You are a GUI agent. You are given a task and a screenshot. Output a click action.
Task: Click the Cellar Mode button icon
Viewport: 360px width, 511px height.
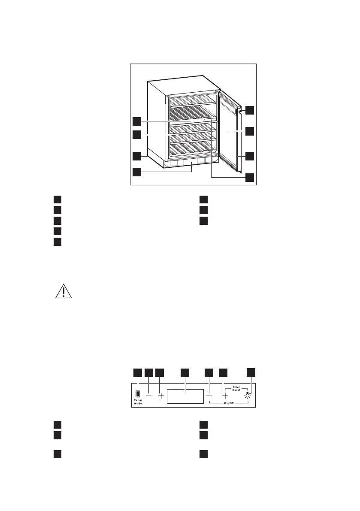pos(137,394)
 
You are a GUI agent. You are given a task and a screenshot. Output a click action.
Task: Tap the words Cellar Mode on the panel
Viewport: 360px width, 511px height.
pos(138,402)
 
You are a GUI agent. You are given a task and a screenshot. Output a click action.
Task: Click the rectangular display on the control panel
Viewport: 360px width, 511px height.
pos(185,396)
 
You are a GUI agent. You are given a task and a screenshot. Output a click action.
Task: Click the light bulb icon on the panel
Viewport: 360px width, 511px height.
pos(247,396)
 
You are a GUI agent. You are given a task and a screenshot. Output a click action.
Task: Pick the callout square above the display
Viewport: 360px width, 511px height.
pos(185,373)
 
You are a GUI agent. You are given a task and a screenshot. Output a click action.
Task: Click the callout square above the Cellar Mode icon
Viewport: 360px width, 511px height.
pos(137,373)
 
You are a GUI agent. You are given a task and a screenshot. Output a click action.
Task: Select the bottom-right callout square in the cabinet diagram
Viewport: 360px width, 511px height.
pos(250,177)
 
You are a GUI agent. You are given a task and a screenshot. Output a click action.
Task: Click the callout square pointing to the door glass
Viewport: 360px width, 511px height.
pos(250,131)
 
